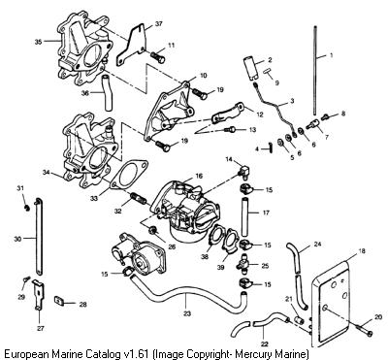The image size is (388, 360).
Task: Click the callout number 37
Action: tap(158, 23)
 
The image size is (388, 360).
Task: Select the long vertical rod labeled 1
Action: tap(314, 71)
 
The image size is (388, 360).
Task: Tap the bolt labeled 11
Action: tap(158, 57)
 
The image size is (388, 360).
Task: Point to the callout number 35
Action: tap(38, 42)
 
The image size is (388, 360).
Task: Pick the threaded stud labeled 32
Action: tap(138, 198)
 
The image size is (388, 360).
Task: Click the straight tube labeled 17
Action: tap(245, 216)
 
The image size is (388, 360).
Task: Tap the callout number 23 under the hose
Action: tap(187, 312)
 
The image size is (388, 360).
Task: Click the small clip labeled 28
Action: tap(58, 301)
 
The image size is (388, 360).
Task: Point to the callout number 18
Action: tap(362, 250)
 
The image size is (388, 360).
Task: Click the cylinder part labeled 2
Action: tap(250, 67)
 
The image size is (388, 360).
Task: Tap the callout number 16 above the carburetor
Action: tap(199, 176)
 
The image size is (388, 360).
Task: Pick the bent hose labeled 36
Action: tap(107, 93)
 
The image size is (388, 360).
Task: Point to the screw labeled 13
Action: tap(231, 130)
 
